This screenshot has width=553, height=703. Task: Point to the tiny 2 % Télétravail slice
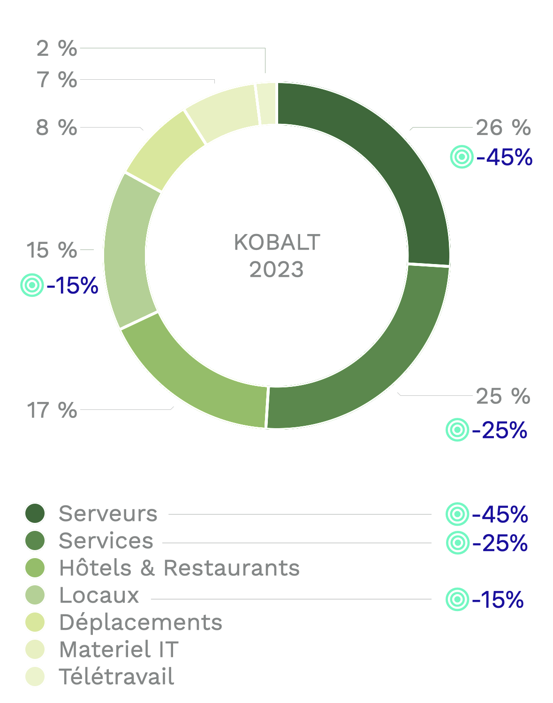[x=266, y=104]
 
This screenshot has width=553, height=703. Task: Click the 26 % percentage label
[x=503, y=128]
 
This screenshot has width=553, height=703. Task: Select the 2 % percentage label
[x=57, y=48]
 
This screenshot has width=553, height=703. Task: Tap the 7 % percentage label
[x=57, y=80]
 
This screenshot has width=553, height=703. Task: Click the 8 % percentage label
[x=56, y=128]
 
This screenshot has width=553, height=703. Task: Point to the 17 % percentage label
[x=52, y=410]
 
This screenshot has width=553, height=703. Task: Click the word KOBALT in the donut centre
[x=277, y=242]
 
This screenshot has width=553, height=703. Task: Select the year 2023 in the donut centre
[x=277, y=270]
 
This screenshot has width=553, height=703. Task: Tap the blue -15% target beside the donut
[x=72, y=285]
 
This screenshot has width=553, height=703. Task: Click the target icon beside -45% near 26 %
[x=462, y=157]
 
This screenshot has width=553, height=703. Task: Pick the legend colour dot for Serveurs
[x=35, y=514]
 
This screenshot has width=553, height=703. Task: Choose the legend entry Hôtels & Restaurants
[x=179, y=568]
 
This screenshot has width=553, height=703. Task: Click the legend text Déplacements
[x=141, y=622]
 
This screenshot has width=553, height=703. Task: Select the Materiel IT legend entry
[x=119, y=649]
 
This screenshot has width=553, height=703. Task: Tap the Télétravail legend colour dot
[x=35, y=676]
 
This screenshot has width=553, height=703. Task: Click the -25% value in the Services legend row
[x=500, y=543]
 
